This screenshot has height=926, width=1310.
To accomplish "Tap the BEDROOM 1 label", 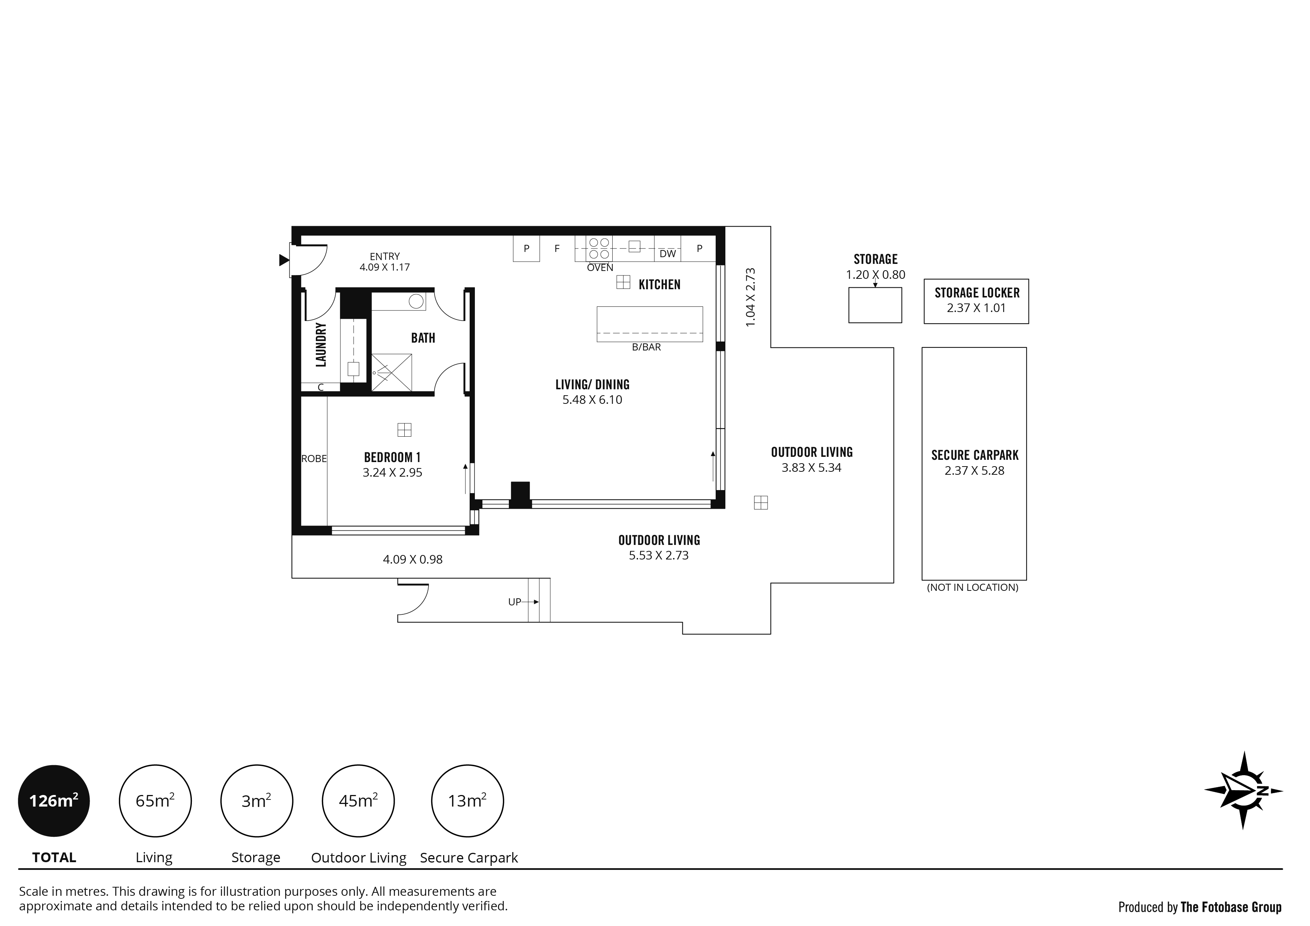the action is pyautogui.click(x=392, y=457).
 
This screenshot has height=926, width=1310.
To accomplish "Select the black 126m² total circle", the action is pyautogui.click(x=54, y=801).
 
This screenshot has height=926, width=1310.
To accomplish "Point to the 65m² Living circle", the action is pyautogui.click(x=155, y=801).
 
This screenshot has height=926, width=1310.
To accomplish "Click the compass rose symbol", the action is pyautogui.click(x=1244, y=790).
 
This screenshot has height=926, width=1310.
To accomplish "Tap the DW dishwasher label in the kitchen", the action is pyautogui.click(x=668, y=254).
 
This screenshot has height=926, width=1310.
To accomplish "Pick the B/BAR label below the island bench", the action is pyautogui.click(x=647, y=347).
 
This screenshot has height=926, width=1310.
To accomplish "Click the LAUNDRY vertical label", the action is pyautogui.click(x=321, y=344).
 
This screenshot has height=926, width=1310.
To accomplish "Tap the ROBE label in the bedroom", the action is pyautogui.click(x=314, y=458).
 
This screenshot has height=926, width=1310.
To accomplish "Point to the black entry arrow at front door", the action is pyautogui.click(x=284, y=260).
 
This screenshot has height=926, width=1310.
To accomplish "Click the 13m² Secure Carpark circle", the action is pyautogui.click(x=467, y=801).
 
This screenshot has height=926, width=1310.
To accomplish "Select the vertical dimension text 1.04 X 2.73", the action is pyautogui.click(x=750, y=297).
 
